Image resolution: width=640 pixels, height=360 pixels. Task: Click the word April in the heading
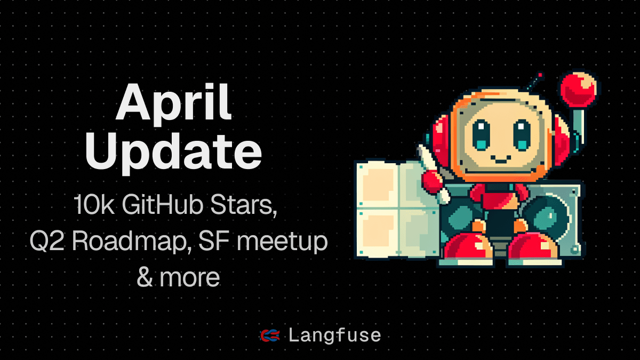click(x=174, y=103)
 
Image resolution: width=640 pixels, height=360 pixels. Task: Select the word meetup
click(x=282, y=243)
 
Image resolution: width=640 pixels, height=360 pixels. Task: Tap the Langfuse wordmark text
click(x=335, y=335)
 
